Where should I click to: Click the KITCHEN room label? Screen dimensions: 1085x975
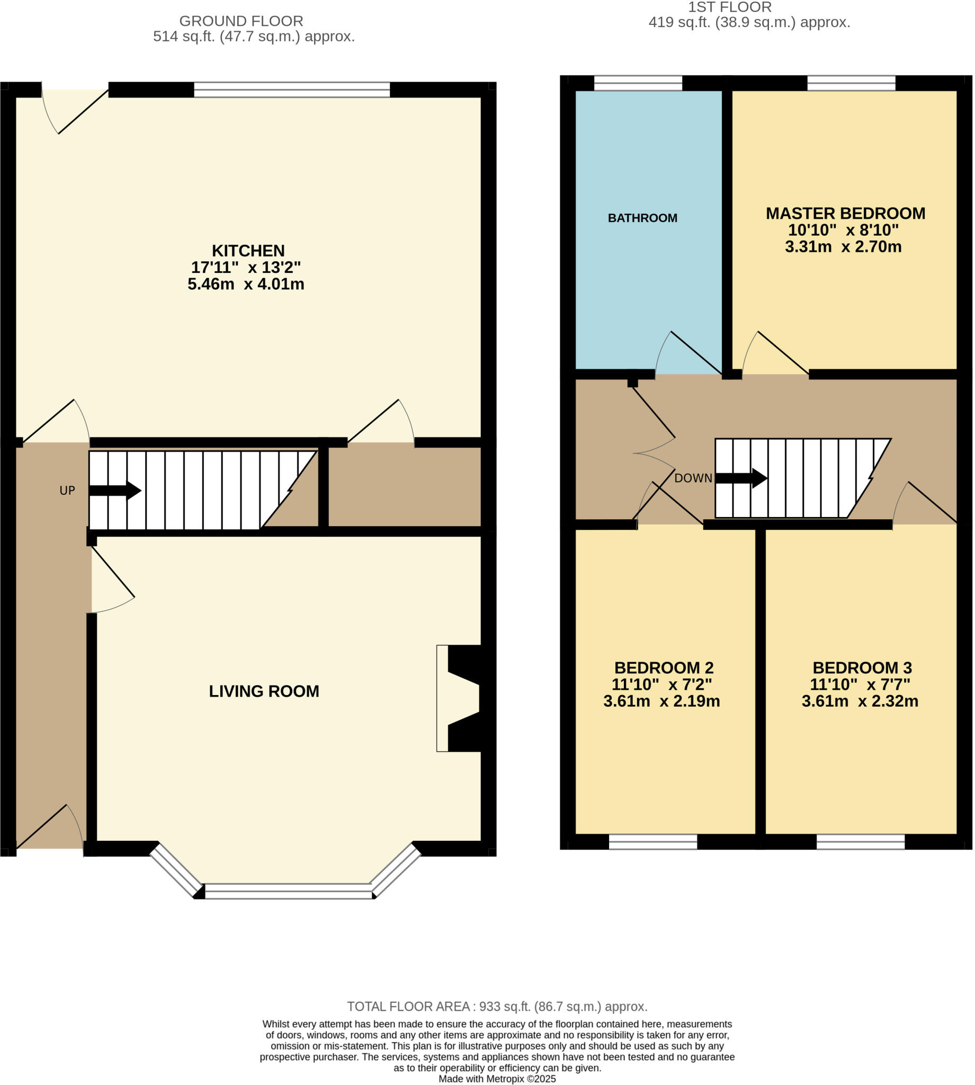(x=248, y=251)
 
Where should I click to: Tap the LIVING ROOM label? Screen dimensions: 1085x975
(x=264, y=691)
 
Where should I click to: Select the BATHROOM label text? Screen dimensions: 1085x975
(x=642, y=218)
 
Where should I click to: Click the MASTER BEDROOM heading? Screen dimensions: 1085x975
(x=845, y=214)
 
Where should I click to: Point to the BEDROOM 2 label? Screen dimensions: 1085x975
(x=663, y=668)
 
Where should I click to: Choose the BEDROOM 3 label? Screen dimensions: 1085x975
(x=862, y=668)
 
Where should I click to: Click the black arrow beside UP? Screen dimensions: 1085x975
(x=114, y=490)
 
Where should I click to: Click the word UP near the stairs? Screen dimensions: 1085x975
(x=67, y=490)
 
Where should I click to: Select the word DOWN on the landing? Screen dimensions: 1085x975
(x=693, y=478)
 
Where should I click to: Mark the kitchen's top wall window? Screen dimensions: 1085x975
(x=291, y=90)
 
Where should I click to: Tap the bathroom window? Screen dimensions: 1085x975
(x=638, y=83)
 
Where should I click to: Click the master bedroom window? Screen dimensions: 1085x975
(x=851, y=83)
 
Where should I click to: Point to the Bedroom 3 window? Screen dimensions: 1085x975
(x=860, y=842)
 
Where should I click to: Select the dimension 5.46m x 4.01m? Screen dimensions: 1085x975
(x=246, y=284)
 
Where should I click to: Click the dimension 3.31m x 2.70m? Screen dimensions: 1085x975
(x=843, y=247)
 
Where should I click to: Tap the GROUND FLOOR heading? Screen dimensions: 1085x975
(x=241, y=21)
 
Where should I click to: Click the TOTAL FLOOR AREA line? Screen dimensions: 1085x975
(x=497, y=1006)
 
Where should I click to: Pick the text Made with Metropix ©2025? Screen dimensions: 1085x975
(x=497, y=1079)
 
